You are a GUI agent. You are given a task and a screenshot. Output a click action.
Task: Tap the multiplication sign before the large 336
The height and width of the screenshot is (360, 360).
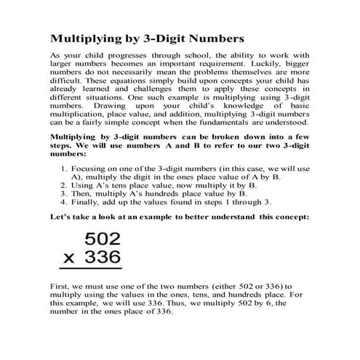(x=68, y=260)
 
